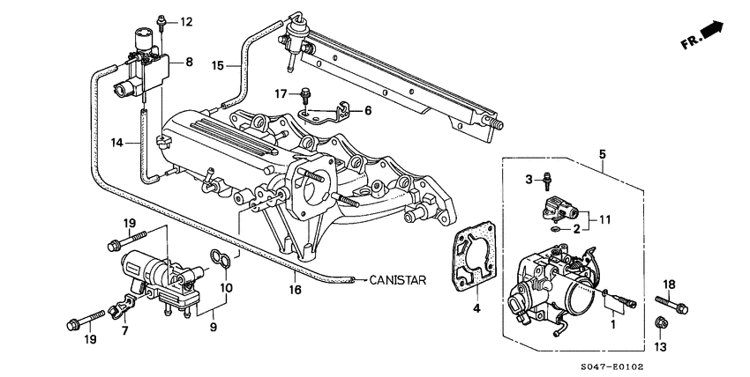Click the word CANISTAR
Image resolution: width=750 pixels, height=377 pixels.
pyautogui.click(x=397, y=280)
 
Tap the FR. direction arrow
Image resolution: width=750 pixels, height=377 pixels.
pyautogui.click(x=705, y=35)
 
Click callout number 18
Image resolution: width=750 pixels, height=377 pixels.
pyautogui.click(x=669, y=284)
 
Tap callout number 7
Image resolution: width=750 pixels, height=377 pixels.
pyautogui.click(x=124, y=330)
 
